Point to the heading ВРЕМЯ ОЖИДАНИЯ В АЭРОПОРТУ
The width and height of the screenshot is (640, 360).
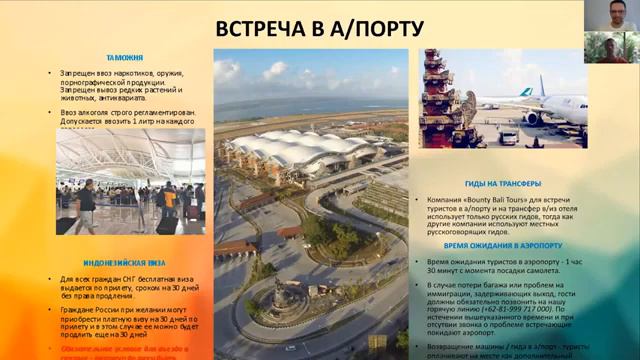coord(503,245)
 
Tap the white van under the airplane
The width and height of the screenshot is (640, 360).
coord(509,137)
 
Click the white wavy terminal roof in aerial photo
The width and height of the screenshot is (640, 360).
coord(290,150)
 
